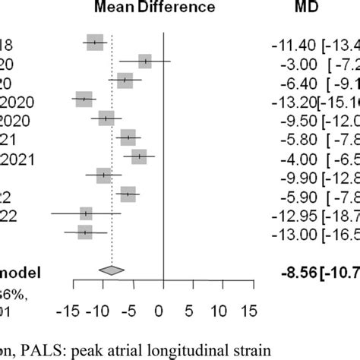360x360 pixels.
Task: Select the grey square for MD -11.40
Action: tap(94, 43)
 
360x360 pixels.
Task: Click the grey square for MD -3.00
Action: tap(145, 62)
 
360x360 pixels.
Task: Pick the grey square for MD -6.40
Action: tap(125, 81)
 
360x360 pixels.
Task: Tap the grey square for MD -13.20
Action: tap(84, 99)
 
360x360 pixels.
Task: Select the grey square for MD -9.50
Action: tap(106, 118)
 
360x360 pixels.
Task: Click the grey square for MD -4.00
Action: tap(139, 156)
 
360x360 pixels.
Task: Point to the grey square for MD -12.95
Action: tap(86, 213)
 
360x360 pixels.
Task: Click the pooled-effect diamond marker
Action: tap(112, 270)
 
